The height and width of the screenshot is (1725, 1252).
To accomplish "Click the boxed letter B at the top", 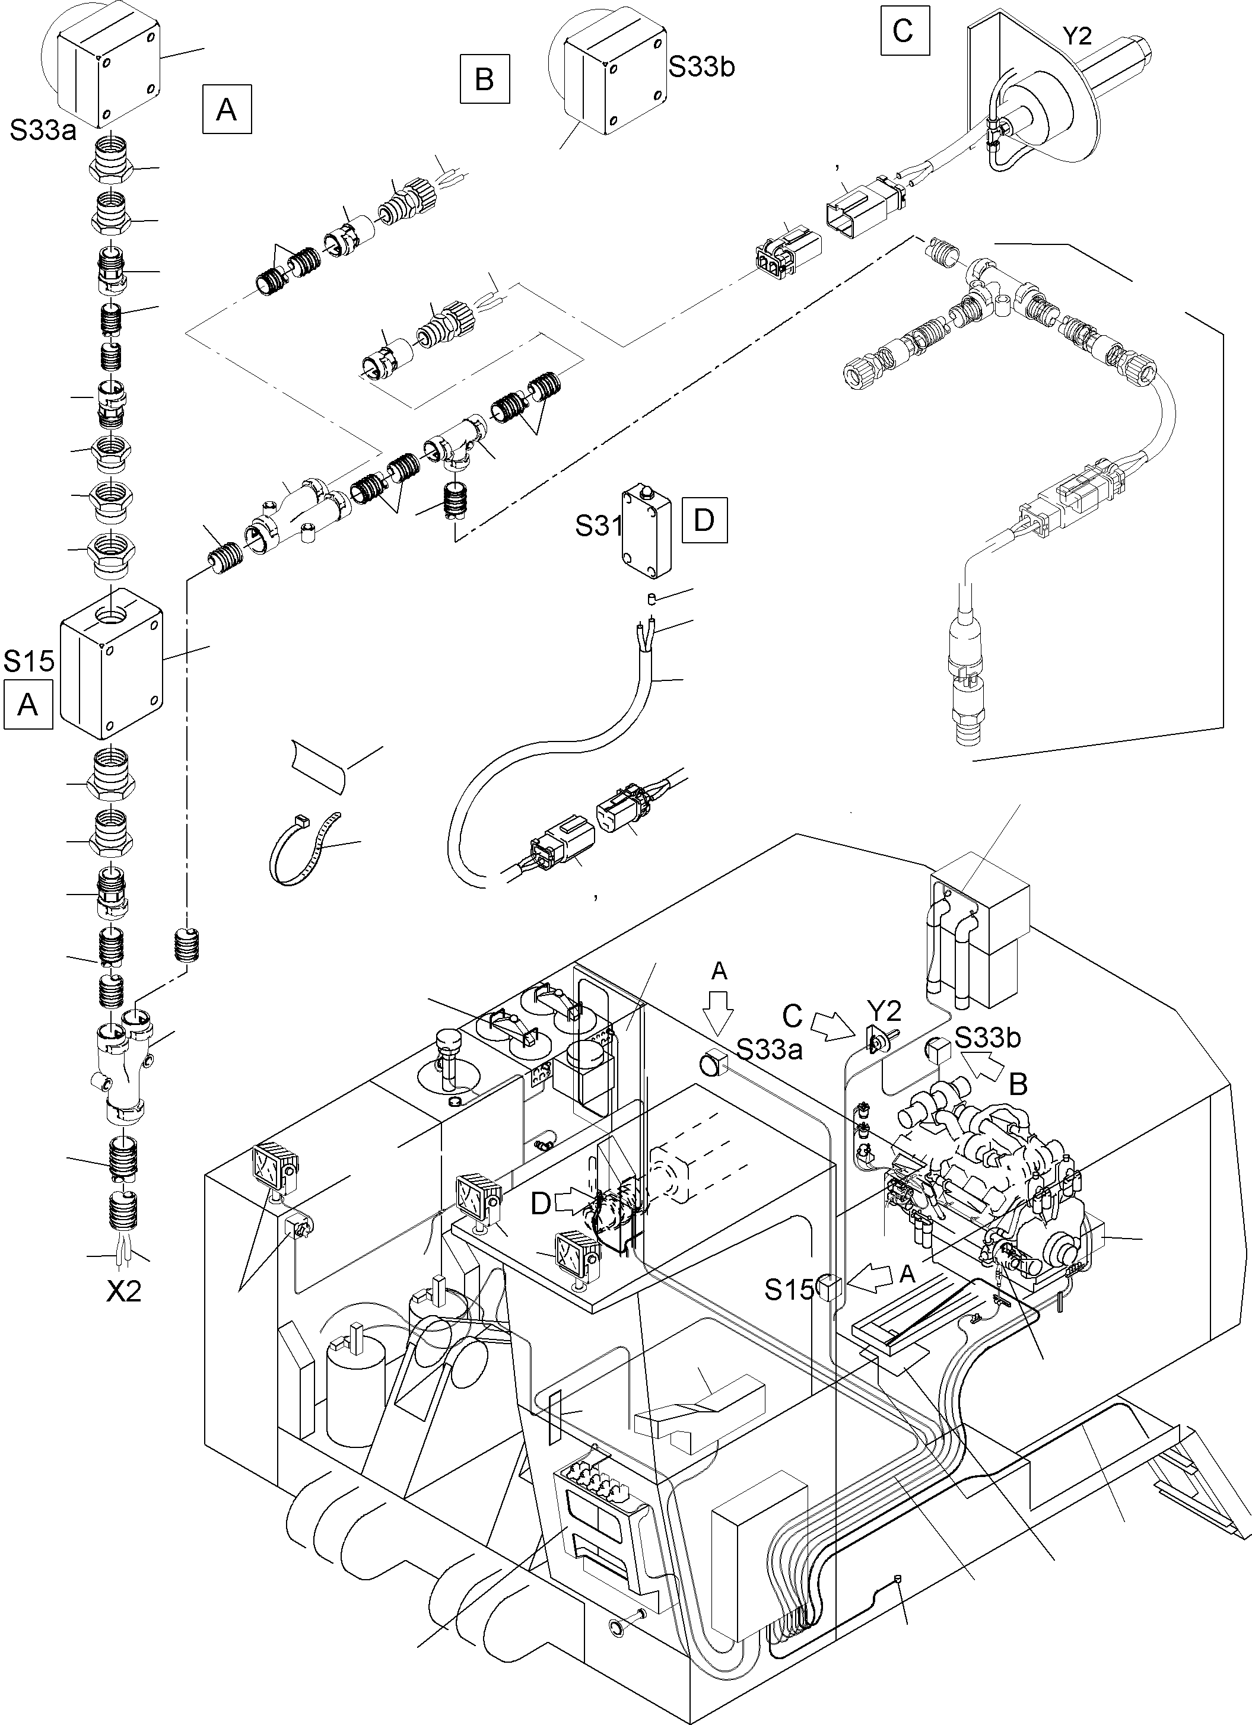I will (484, 79).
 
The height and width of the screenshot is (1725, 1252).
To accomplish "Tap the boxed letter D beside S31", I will (704, 520).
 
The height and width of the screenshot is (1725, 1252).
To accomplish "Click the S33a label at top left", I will (43, 131).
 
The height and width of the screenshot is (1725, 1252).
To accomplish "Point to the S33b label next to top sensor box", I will (701, 67).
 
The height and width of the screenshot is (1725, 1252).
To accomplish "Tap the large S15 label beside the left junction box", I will (29, 661).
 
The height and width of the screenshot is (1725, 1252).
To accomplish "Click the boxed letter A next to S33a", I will (227, 111).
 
